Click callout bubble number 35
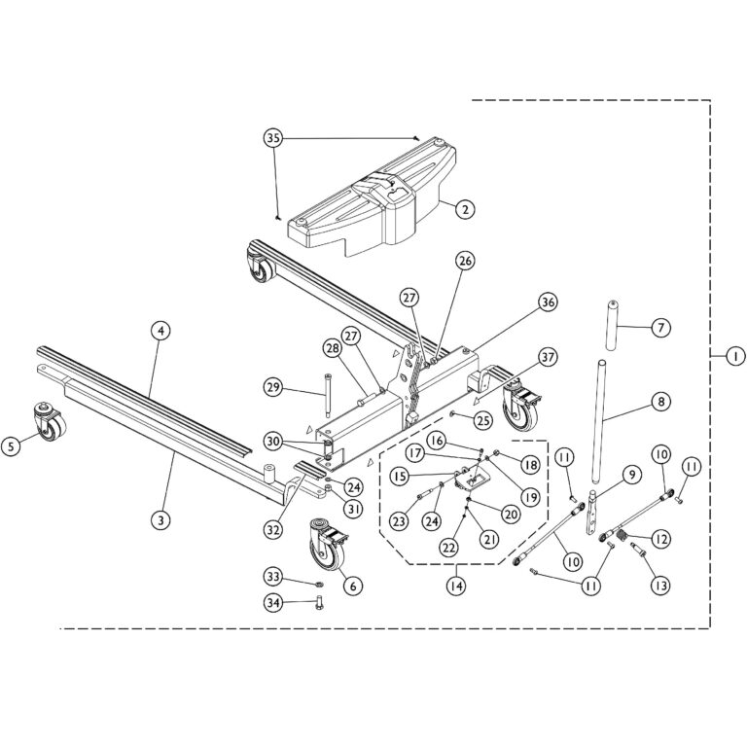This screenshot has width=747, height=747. click(273, 139)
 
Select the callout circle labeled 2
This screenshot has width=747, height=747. click(466, 208)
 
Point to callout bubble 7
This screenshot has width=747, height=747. click(660, 328)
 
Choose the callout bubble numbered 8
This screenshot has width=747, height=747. click(660, 399)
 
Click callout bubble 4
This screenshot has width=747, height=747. click(160, 330)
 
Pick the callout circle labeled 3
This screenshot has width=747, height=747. click(160, 519)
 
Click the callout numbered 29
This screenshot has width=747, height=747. click(273, 388)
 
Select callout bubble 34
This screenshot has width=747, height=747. click(273, 603)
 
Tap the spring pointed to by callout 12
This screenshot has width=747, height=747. click(616, 535)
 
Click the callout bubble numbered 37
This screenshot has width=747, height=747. click(548, 357)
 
